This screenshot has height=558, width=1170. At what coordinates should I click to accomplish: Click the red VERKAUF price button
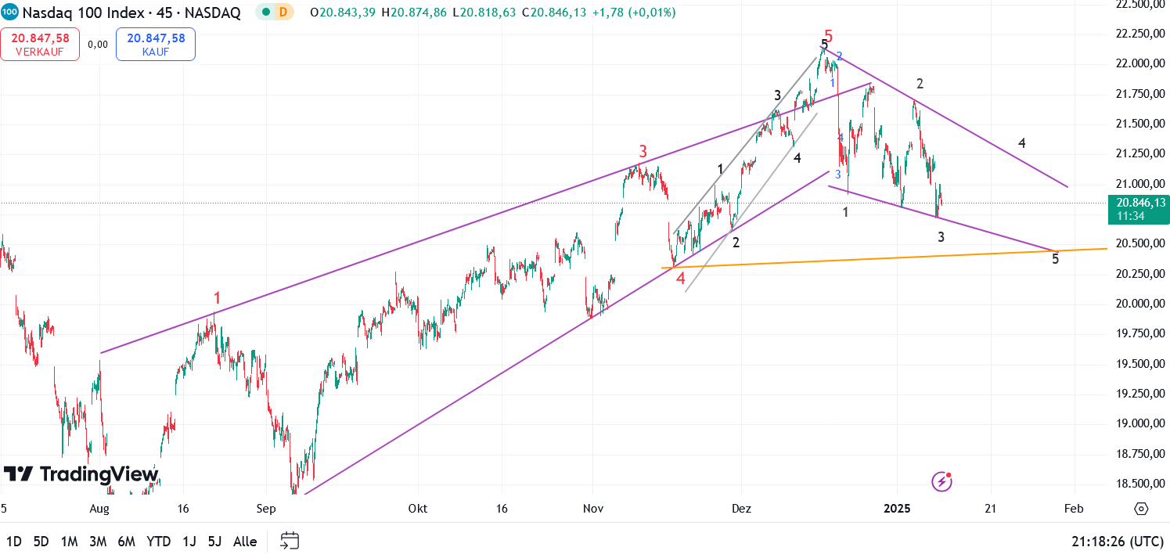coord(40,44)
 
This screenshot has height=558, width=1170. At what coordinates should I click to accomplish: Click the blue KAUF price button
coord(156,44)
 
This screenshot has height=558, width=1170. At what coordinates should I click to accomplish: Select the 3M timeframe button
coord(98,542)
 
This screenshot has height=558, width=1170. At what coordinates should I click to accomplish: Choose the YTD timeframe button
coord(159,542)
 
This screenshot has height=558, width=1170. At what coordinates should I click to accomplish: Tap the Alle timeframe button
coord(245,542)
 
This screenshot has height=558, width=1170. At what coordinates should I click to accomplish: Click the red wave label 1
coord(218,297)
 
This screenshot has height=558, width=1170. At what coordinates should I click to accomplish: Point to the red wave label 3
coord(643,151)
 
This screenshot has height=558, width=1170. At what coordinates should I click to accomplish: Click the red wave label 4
coord(681,278)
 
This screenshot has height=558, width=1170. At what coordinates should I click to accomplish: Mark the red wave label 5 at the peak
coord(829,36)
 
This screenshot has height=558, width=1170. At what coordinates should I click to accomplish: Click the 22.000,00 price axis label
coord(1137,63)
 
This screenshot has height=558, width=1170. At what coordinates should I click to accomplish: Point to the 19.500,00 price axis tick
coord(1137,364)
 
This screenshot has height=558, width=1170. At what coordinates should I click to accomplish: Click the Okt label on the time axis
coord(418,509)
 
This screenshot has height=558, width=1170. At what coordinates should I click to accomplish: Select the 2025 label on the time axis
coord(898,509)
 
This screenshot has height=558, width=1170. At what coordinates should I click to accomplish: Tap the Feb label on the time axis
coord(1074,509)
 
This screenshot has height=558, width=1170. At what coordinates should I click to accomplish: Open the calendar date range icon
coord(290,541)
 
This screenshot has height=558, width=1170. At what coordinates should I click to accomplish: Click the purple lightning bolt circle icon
coord(941,481)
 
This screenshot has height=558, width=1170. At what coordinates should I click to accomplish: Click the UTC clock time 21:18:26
coord(1118,542)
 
